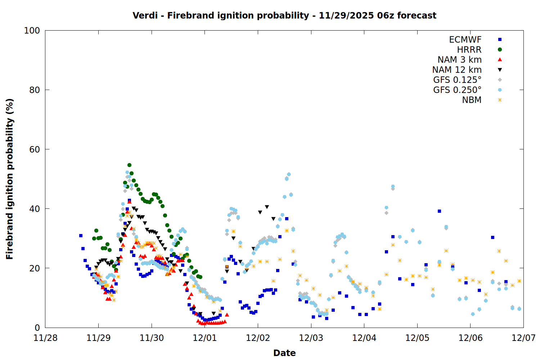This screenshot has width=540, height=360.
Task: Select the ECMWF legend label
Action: (465, 40)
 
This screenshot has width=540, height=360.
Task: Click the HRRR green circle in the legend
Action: (500, 50)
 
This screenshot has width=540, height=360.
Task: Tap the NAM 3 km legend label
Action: (459, 60)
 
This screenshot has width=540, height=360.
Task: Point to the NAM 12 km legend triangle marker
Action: (500, 70)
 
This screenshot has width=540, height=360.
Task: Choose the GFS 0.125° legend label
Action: (457, 80)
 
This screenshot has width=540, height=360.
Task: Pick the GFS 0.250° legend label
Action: (457, 90)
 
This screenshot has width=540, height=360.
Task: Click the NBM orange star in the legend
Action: (500, 100)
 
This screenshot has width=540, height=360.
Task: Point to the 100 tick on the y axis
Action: (32, 31)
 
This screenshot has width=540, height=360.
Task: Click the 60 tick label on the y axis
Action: (35, 149)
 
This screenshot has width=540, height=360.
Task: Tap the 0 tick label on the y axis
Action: (37, 328)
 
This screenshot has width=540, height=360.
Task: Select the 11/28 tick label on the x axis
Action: (45, 338)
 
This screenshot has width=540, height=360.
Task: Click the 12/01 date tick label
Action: (205, 338)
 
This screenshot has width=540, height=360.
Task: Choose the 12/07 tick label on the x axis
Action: (523, 338)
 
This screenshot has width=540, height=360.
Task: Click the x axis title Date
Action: (284, 353)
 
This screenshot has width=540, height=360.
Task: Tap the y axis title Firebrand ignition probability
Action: (10, 179)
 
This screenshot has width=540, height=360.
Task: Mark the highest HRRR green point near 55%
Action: (129, 165)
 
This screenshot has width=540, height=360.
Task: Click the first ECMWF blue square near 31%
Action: (81, 235)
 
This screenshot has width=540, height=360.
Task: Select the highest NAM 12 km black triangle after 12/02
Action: (267, 207)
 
